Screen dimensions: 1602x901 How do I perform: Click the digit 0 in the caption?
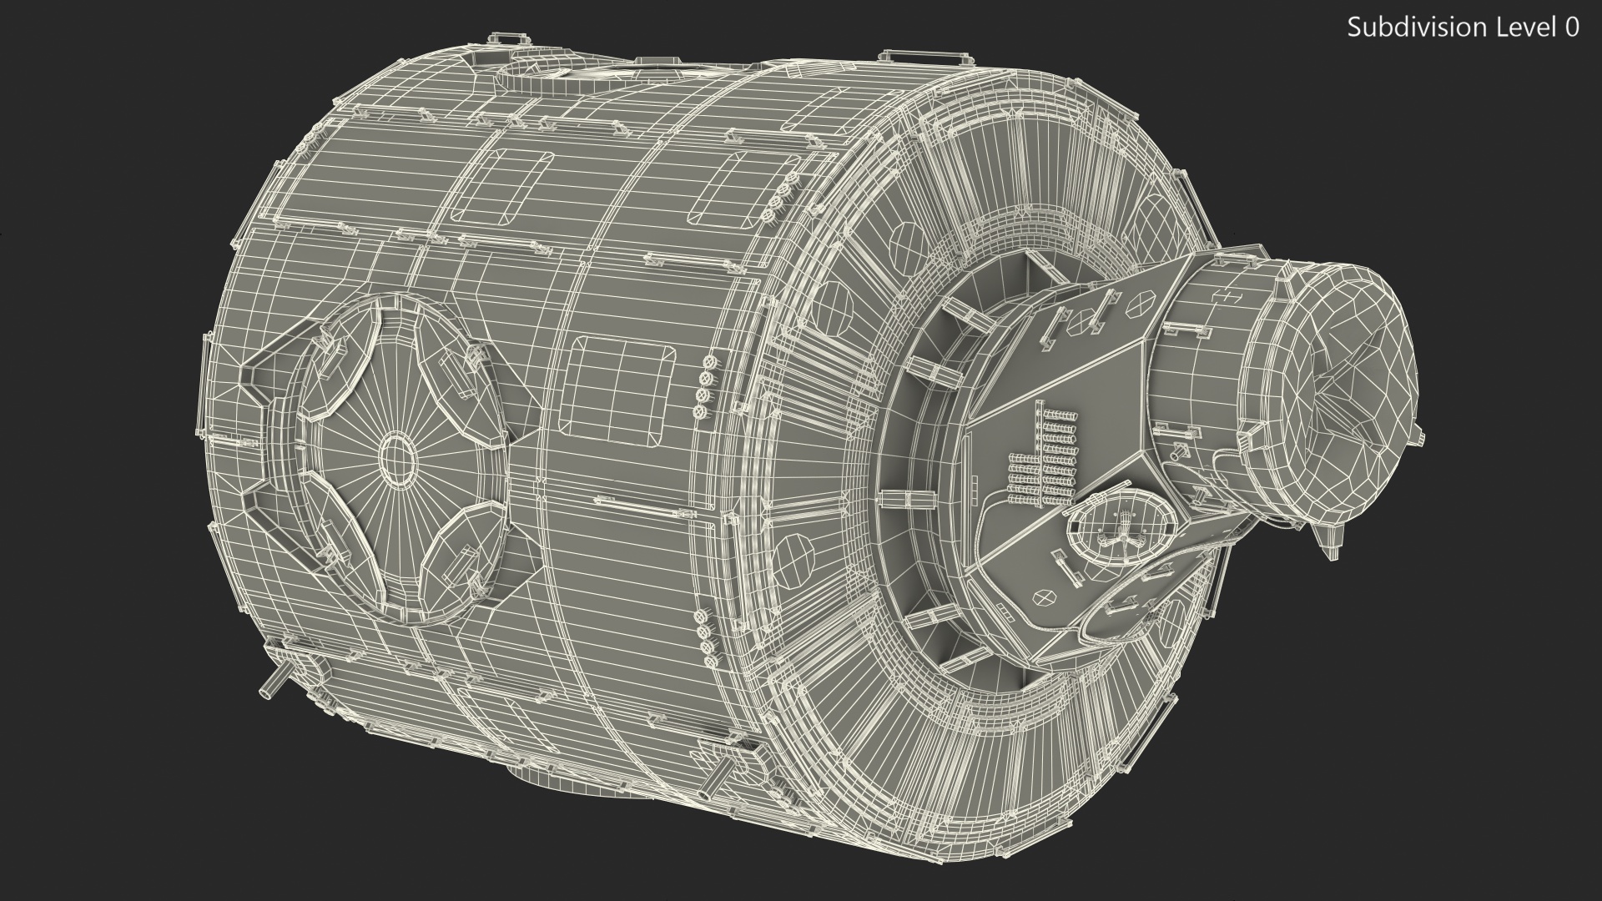point(1571,28)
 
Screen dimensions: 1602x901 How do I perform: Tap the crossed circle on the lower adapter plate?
point(1043,596)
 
